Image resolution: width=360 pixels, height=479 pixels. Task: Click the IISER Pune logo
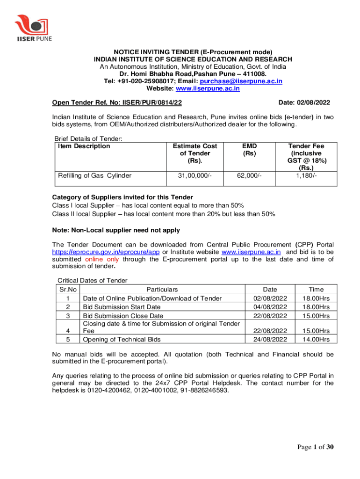[33, 28]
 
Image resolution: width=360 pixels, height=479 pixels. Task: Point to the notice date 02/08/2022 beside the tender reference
[316, 102]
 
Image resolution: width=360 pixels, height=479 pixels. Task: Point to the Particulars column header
[162, 290]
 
